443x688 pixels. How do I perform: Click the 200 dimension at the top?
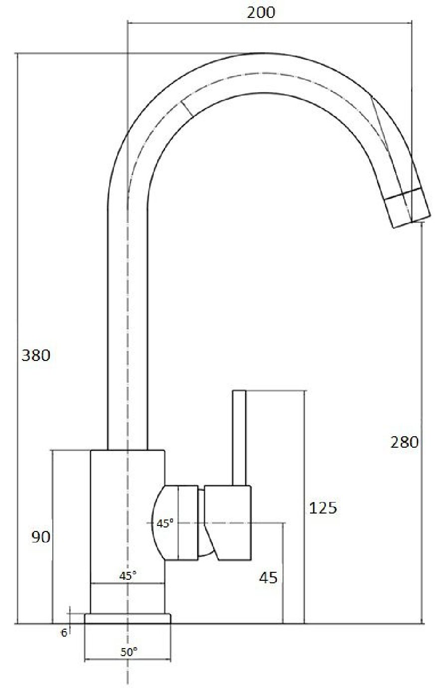click(x=261, y=12)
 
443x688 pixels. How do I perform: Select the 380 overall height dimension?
click(x=35, y=355)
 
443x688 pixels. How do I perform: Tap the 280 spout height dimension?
click(x=404, y=442)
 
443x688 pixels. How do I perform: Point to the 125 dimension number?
click(x=323, y=508)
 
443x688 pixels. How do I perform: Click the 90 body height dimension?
click(x=41, y=537)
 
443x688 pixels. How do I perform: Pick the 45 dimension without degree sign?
click(x=268, y=578)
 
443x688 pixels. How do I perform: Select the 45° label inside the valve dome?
click(x=165, y=523)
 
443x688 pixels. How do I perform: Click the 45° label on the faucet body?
click(x=128, y=575)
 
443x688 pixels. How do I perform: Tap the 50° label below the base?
click(x=129, y=651)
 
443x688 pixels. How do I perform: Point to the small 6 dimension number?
click(x=64, y=633)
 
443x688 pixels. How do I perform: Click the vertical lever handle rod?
click(x=240, y=437)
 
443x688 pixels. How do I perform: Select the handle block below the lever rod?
click(x=228, y=522)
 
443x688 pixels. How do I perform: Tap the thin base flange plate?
click(x=128, y=619)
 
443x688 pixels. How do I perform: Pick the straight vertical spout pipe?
click(x=128, y=324)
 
